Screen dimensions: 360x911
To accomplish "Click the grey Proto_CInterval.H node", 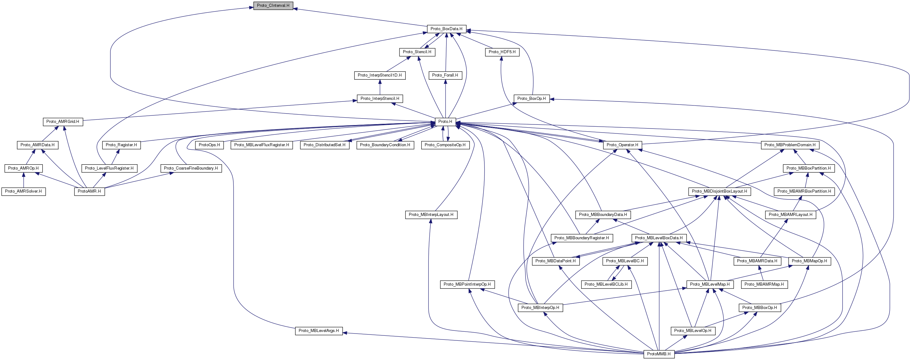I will tap(273, 6).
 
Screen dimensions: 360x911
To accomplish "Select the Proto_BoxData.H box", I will tap(446, 29).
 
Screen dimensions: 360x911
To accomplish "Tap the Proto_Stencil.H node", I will tap(417, 52).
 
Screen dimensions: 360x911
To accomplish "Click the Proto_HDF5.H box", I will tap(502, 52).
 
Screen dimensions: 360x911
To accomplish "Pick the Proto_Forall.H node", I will tap(445, 75).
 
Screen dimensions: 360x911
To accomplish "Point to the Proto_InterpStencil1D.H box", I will tap(380, 75).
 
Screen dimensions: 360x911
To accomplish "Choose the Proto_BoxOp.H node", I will tap(531, 98).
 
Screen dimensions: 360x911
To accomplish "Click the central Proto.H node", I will tap(445, 122).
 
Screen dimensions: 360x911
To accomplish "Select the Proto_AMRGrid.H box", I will tap(63, 122).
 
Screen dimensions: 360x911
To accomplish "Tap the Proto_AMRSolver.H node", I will tap(23, 191).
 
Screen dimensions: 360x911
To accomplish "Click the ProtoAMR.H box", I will tap(89, 191).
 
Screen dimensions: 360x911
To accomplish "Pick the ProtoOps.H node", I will tap(209, 145).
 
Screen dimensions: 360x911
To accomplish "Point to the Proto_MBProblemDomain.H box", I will tap(790, 145).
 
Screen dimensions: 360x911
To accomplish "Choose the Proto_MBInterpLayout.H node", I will tap(431, 215).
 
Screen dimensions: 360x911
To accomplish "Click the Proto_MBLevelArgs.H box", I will tap(319, 331).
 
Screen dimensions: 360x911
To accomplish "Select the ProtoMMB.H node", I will tap(658, 354).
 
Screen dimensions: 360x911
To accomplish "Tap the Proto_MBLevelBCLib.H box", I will tap(606, 284).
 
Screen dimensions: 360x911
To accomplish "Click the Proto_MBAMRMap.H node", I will tap(764, 284).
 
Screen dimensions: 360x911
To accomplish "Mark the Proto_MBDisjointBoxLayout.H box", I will tap(719, 191).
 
